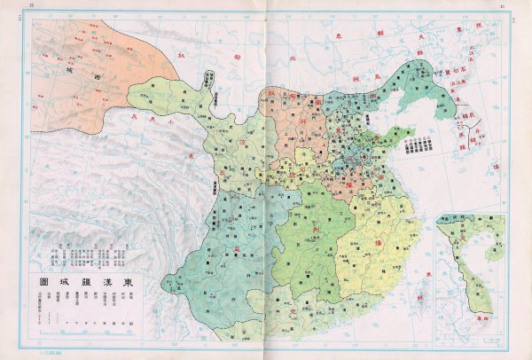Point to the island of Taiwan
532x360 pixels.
pyautogui.click(x=422, y=292)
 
